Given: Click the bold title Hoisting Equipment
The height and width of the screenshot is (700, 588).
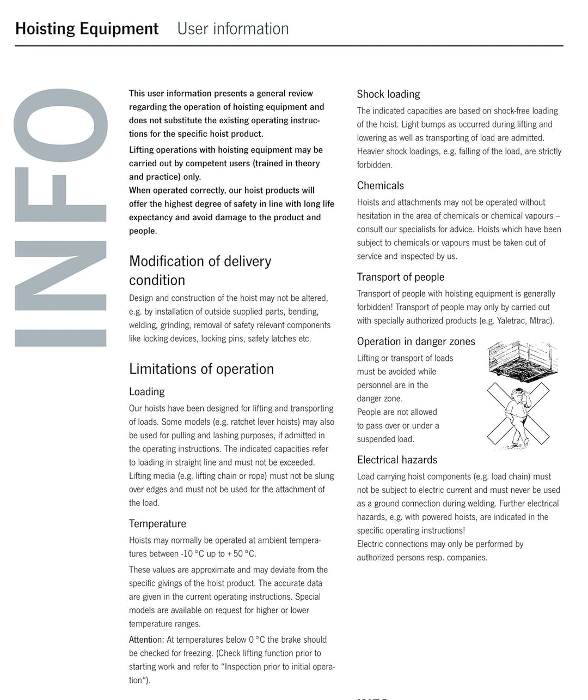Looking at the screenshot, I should pyautogui.click(x=87, y=28).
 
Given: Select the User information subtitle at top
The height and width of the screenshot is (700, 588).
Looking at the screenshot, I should pyautogui.click(x=233, y=28).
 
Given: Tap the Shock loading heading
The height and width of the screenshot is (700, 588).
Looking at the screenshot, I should pyautogui.click(x=388, y=94).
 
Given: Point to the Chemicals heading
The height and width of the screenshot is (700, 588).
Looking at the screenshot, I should pyautogui.click(x=380, y=186).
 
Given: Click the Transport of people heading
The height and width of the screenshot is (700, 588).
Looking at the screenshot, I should pyautogui.click(x=400, y=277).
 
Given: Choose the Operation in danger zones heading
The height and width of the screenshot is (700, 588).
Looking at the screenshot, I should pyautogui.click(x=416, y=342).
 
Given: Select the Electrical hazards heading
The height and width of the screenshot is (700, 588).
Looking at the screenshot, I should pyautogui.click(x=397, y=460).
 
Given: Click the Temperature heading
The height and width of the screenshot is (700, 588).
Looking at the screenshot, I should pyautogui.click(x=157, y=524).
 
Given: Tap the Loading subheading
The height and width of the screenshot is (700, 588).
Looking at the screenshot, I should pyautogui.click(x=146, y=392).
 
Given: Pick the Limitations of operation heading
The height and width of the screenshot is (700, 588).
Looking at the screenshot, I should pyautogui.click(x=201, y=369).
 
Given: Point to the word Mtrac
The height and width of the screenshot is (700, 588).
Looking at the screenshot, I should pyautogui.click(x=541, y=321).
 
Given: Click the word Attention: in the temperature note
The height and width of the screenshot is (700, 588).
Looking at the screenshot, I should pyautogui.click(x=146, y=640).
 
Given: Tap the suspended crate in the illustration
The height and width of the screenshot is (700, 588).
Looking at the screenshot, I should pyautogui.click(x=522, y=359).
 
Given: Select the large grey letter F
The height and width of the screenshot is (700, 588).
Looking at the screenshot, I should pyautogui.click(x=60, y=195).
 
